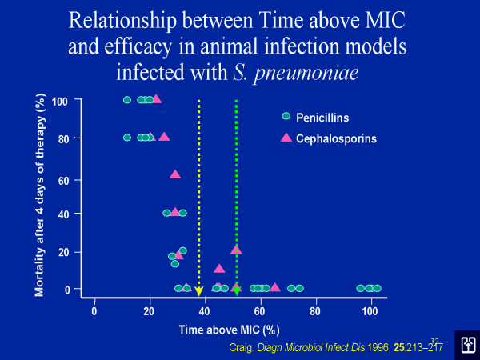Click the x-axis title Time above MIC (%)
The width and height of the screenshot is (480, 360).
pyautogui.click(x=229, y=329)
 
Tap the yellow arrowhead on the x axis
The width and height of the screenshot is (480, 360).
pyautogui.click(x=198, y=291)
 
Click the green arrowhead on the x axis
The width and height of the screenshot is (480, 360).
pyautogui.click(x=237, y=291)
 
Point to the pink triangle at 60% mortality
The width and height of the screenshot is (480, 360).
pyautogui.click(x=175, y=174)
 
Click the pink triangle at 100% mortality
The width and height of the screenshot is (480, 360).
pyautogui.click(x=156, y=99)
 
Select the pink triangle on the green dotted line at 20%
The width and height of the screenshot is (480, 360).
pyautogui.click(x=236, y=250)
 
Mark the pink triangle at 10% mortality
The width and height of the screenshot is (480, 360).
pyautogui.click(x=219, y=269)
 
